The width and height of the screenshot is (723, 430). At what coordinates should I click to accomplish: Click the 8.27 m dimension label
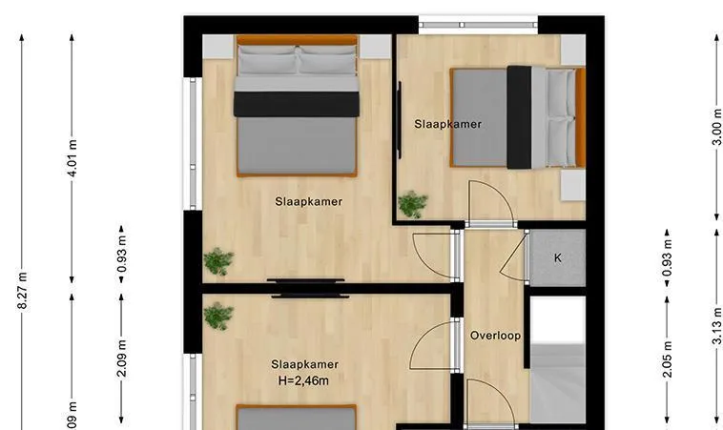pos(22,291)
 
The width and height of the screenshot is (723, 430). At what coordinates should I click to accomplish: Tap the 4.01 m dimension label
pos(72,157)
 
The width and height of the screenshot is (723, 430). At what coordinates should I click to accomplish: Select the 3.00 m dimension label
pos(716,127)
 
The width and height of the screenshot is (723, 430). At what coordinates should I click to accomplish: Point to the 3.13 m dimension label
pos(716,326)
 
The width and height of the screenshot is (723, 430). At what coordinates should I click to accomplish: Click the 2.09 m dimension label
pos(122,358)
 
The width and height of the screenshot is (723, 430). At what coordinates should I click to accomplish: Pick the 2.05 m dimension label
pos(668,359)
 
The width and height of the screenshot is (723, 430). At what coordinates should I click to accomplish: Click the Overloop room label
pos(495,336)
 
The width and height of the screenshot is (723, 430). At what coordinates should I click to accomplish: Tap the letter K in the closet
pos(558,258)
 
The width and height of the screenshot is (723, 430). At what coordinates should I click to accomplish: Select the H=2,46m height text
pos(303,380)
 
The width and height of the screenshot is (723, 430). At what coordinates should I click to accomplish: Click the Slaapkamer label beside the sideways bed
pos(447,124)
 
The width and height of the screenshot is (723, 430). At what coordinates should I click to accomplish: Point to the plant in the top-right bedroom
pos(413,204)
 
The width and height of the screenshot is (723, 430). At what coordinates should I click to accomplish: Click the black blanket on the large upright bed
pos(297,104)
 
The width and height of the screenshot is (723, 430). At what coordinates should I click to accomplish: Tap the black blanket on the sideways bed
pos(519,117)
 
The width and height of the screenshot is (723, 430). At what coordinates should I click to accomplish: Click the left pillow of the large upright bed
pos(267,60)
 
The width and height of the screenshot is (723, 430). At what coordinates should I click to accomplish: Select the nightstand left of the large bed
pos(218,47)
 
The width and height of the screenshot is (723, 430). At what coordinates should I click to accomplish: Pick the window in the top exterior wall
pos(478,25)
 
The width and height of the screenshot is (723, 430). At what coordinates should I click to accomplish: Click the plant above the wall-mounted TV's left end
pos(218,261)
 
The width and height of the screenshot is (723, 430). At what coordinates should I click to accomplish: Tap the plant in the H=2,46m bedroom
pos(218,317)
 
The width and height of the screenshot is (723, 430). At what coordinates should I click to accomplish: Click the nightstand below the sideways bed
pos(573,185)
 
